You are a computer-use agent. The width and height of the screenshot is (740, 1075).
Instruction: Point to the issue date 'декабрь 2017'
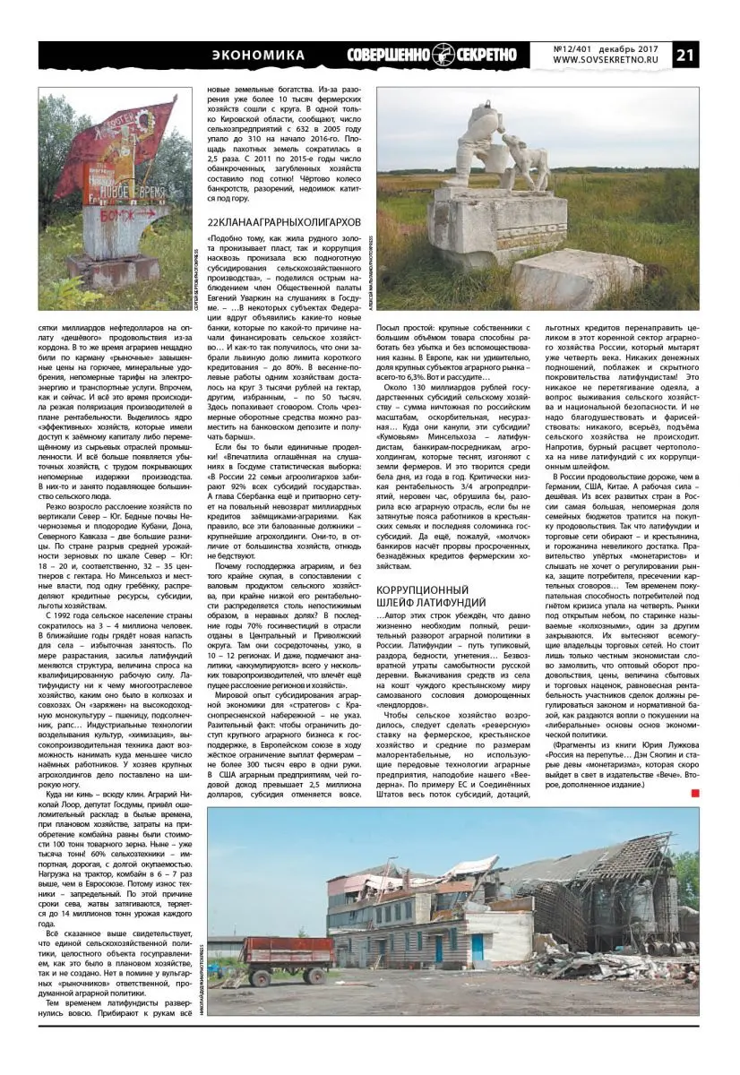(627, 47)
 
